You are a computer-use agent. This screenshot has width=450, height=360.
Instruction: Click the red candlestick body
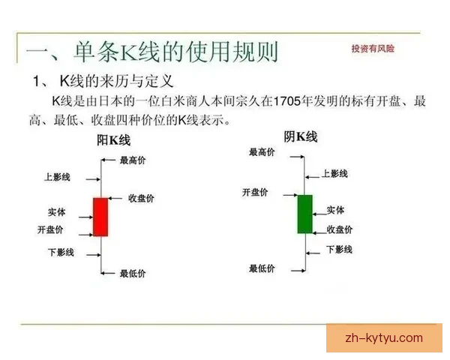[x=100, y=217]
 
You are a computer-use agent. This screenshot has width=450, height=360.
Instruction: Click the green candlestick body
[x=304, y=214]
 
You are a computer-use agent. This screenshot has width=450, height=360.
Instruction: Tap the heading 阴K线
[x=300, y=136]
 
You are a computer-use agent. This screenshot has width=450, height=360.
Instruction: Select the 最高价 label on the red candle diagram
[x=134, y=160]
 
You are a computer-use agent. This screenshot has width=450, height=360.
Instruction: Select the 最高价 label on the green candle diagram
[x=262, y=152]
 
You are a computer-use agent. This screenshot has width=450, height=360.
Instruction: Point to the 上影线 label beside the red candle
[x=58, y=178]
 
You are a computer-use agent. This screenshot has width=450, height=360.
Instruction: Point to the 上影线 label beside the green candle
[x=334, y=173]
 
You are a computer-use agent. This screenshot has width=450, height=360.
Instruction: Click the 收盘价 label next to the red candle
[x=141, y=198]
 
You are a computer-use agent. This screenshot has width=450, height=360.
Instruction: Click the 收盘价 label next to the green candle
[x=340, y=229]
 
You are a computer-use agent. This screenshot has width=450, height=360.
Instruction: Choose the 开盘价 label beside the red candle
[x=50, y=229]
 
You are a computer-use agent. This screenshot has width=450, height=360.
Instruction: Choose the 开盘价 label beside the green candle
[x=256, y=192]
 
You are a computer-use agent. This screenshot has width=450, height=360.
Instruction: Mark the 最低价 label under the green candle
[x=262, y=268]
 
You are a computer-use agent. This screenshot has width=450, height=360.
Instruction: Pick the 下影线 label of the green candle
[x=339, y=249]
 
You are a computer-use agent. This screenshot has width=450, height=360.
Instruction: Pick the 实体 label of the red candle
[x=56, y=212]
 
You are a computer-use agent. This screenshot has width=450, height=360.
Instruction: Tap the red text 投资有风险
[x=373, y=48]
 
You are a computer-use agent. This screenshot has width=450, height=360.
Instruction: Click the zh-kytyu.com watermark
[x=383, y=338]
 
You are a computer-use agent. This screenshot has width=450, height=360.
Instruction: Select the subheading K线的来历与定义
[x=115, y=80]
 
